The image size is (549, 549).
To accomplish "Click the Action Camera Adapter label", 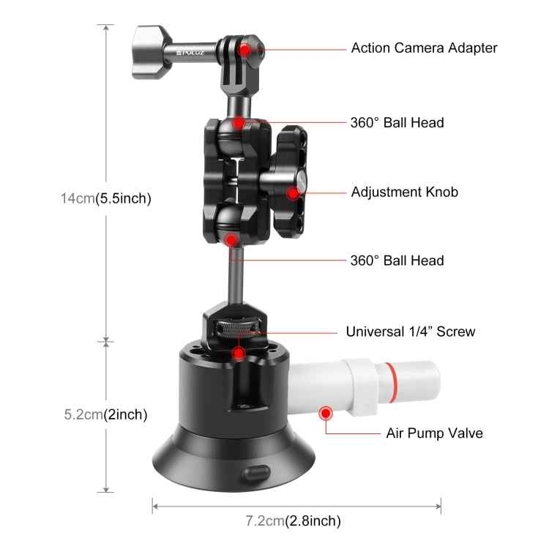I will [x=424, y=48].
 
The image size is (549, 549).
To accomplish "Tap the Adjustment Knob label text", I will [x=404, y=193].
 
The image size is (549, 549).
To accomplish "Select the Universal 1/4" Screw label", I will [x=410, y=332].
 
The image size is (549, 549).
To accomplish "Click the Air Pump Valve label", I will [x=434, y=433].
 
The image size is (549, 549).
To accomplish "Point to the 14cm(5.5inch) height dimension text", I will [x=105, y=198].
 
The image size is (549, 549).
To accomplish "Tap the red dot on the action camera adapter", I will [x=251, y=50].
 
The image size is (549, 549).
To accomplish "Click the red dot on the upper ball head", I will [x=239, y=122].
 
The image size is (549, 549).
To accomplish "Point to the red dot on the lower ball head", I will [x=231, y=239].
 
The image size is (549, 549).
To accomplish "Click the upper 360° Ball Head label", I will [x=397, y=122].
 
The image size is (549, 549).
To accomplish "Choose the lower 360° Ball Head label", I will [x=397, y=260].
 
